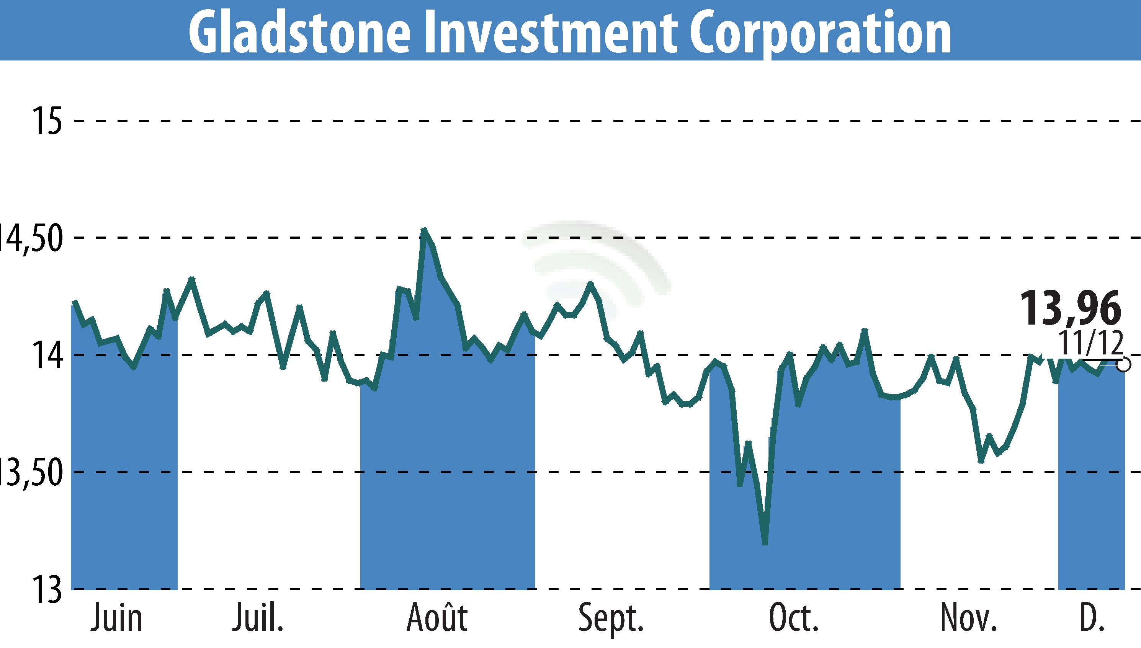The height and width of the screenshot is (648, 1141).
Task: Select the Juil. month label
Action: coord(257,618)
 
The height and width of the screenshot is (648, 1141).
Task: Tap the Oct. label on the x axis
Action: coord(794,618)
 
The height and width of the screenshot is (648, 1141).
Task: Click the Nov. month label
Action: coord(969,618)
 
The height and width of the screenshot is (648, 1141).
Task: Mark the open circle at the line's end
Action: coord(1124,365)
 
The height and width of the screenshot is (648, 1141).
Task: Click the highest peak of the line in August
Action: coord(424,230)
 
